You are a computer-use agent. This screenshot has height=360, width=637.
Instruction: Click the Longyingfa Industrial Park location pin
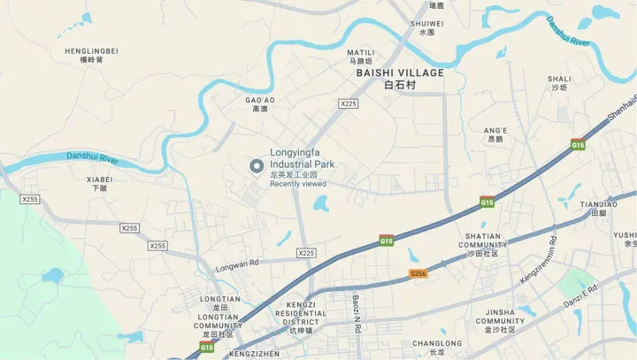click(257, 165)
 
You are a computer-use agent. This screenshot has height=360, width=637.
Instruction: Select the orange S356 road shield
click(418, 275)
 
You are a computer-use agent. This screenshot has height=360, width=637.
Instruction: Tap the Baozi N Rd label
click(356, 313)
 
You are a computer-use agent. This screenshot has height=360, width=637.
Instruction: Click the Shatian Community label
click(480, 245)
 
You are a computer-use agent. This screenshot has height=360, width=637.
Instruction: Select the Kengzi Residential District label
click(302, 313)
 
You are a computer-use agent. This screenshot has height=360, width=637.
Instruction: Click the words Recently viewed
click(298, 184)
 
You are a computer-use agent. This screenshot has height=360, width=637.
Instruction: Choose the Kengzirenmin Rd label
click(539, 259)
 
